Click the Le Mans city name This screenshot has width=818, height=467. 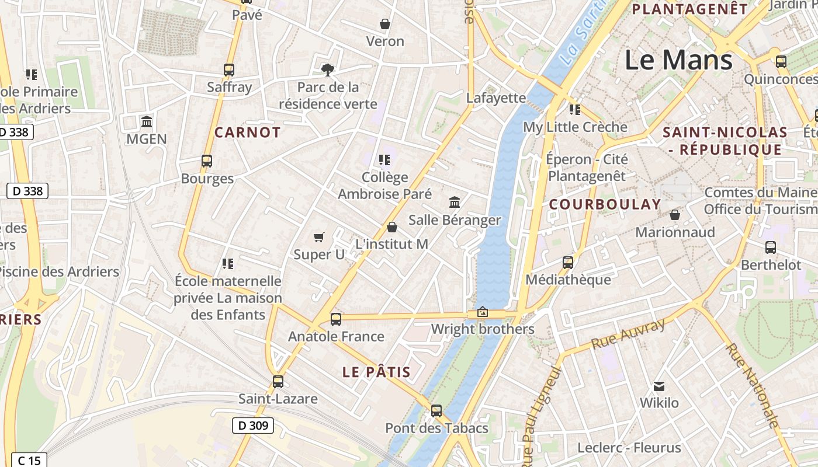coord(678,60)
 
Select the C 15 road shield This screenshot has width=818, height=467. coord(29,461)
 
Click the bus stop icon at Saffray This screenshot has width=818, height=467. coord(229,70)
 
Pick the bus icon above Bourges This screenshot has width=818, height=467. coord(206,161)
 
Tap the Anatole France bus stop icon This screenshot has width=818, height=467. coord(335,319)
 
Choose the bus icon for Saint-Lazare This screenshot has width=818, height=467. coord(278,382)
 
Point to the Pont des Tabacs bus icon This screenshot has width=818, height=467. coord(436,410)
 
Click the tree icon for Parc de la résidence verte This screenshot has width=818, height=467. coord(328,70)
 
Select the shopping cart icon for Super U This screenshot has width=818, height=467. coord(319,237)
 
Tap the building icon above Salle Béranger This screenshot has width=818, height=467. coord(455,203)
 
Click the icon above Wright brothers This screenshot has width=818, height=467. coord(483,312)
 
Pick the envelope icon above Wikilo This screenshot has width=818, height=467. coord(659,386)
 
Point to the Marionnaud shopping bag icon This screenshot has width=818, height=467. coord(675,215)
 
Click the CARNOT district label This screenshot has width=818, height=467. coord(248,133)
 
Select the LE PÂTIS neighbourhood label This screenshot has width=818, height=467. coord(376,372)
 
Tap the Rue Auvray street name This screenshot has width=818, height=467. coord(628,334)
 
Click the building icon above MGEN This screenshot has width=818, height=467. coord(147,122)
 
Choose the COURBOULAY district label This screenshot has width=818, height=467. coord(605,204)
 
